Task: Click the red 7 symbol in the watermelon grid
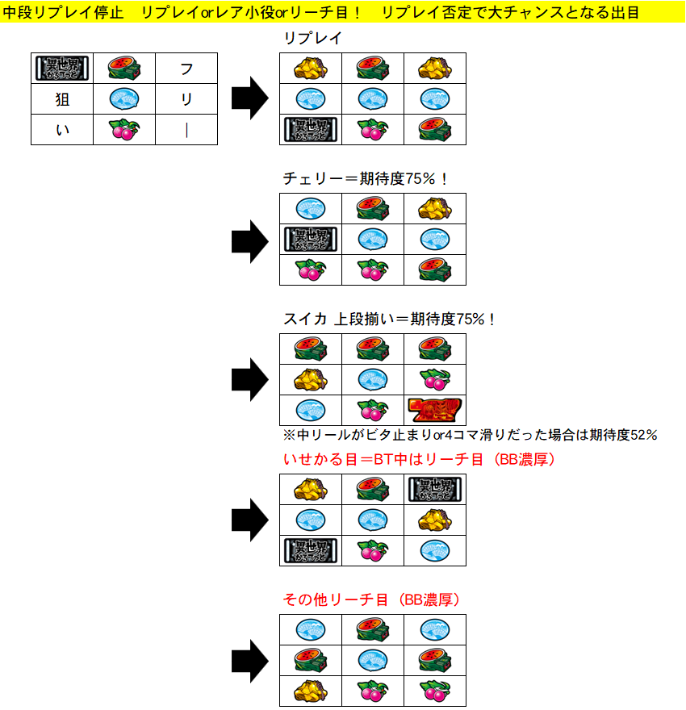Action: point(435,410)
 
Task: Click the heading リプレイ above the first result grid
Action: point(312,38)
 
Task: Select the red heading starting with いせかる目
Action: point(419,459)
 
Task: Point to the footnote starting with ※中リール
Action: point(470,435)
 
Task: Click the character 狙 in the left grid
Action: point(61,99)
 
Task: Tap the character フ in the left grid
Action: point(186,69)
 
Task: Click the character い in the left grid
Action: point(61,129)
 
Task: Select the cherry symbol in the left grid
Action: point(123,129)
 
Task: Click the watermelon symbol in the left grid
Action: point(123,69)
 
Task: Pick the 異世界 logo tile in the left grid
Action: point(62,69)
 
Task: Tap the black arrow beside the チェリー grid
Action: point(249,240)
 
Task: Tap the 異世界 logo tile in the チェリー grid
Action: point(311,240)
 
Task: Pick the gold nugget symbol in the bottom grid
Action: point(311,691)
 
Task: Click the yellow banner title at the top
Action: point(323,12)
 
